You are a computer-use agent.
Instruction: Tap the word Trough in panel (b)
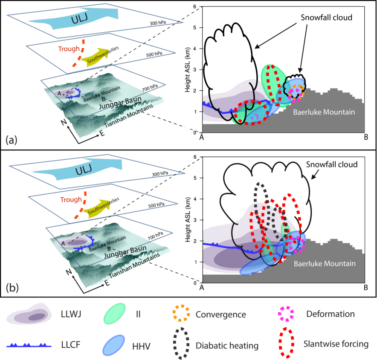point(71,199)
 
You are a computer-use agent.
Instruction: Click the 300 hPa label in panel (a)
point(158,23)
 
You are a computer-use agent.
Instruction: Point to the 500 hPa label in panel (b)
point(156,205)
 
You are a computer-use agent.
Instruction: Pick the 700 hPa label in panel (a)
point(150,88)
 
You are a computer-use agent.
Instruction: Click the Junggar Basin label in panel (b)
point(125,252)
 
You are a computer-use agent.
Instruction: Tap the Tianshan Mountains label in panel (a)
point(129,116)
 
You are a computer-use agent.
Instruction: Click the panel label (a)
point(12,140)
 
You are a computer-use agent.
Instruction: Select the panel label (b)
point(12,287)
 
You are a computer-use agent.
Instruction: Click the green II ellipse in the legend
point(114,314)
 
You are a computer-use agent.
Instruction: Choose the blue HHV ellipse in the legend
point(114,345)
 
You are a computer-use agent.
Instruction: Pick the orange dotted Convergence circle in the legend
point(181,313)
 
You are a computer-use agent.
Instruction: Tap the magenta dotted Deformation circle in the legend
point(286,314)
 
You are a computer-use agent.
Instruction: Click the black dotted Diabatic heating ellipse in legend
point(181,343)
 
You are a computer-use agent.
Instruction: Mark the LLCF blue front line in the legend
point(29,346)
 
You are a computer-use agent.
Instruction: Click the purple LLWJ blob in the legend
point(29,314)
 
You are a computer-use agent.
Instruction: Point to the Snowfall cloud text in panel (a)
point(327,17)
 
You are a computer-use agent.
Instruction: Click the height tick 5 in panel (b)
point(195,178)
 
